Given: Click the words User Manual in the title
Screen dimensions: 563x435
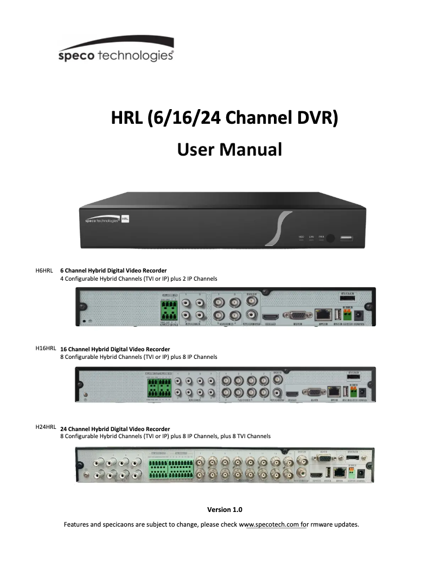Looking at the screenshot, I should click(x=229, y=149).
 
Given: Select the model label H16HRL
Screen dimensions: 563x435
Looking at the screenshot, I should click(x=46, y=348).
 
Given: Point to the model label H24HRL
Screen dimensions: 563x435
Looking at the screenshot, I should click(x=46, y=427).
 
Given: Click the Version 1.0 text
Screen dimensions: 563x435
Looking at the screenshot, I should click(x=225, y=509).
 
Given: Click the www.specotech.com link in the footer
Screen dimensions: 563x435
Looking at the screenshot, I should click(x=277, y=525).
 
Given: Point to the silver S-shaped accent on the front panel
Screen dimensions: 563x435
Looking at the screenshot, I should click(x=281, y=229).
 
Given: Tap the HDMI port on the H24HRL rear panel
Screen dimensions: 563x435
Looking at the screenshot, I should click(x=316, y=475).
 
